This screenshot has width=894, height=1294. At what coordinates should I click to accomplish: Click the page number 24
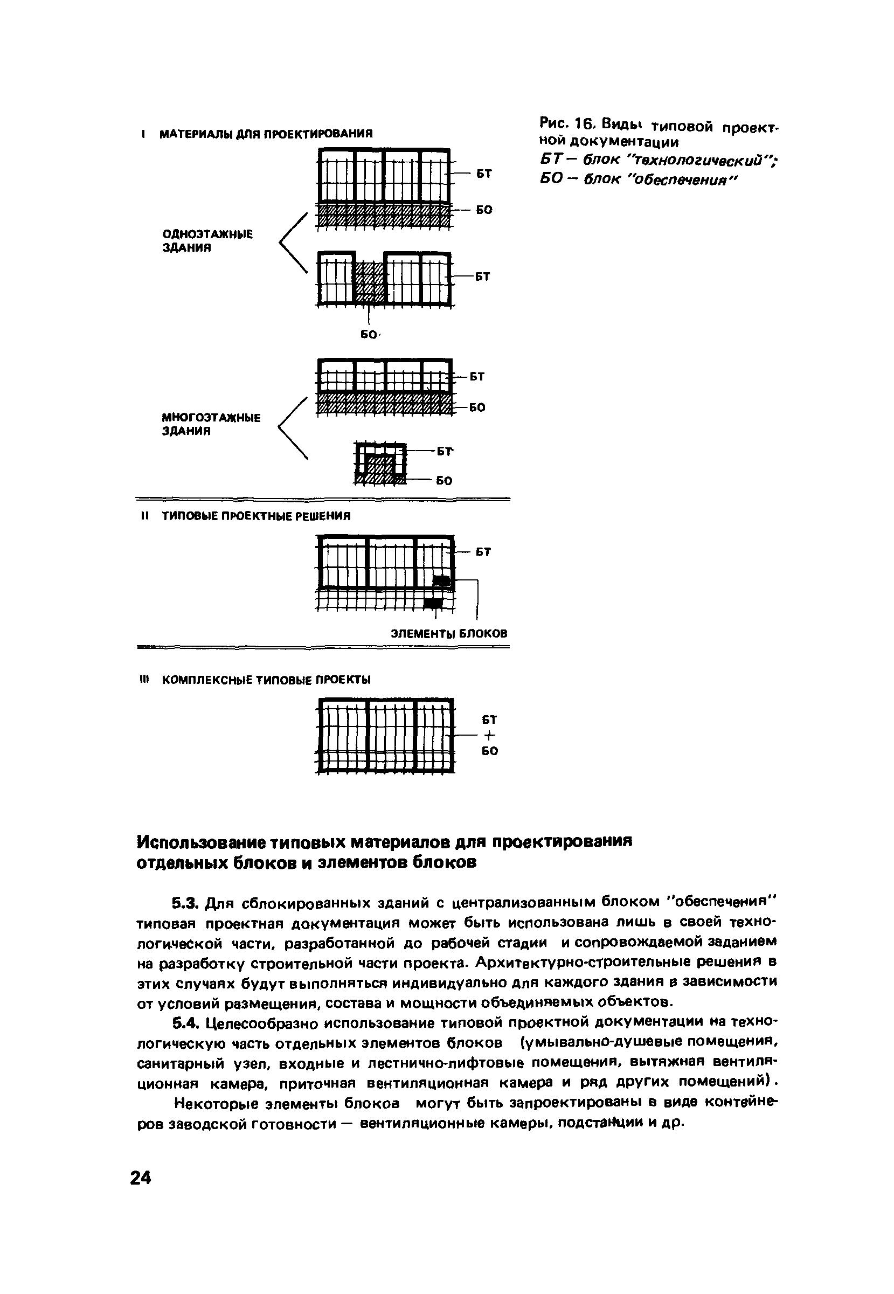[141, 1178]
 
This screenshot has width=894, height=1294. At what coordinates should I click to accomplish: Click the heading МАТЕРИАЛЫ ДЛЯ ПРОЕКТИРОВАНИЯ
[266, 134]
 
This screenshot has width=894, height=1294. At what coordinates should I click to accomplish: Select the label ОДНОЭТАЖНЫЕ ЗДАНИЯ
[207, 241]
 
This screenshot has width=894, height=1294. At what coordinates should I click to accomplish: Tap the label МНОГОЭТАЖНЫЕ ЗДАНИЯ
[211, 424]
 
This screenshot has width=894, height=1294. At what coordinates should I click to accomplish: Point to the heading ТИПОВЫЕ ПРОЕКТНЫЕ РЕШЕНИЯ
[256, 516]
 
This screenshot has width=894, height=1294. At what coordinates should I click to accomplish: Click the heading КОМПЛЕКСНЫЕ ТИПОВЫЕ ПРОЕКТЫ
[266, 680]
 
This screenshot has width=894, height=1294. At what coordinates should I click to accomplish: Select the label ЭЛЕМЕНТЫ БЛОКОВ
[449, 634]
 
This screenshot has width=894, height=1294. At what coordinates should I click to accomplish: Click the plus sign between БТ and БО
[489, 735]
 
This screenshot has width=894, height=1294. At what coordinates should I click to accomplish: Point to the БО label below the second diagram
[368, 335]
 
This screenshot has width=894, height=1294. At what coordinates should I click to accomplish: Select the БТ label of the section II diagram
[483, 552]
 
